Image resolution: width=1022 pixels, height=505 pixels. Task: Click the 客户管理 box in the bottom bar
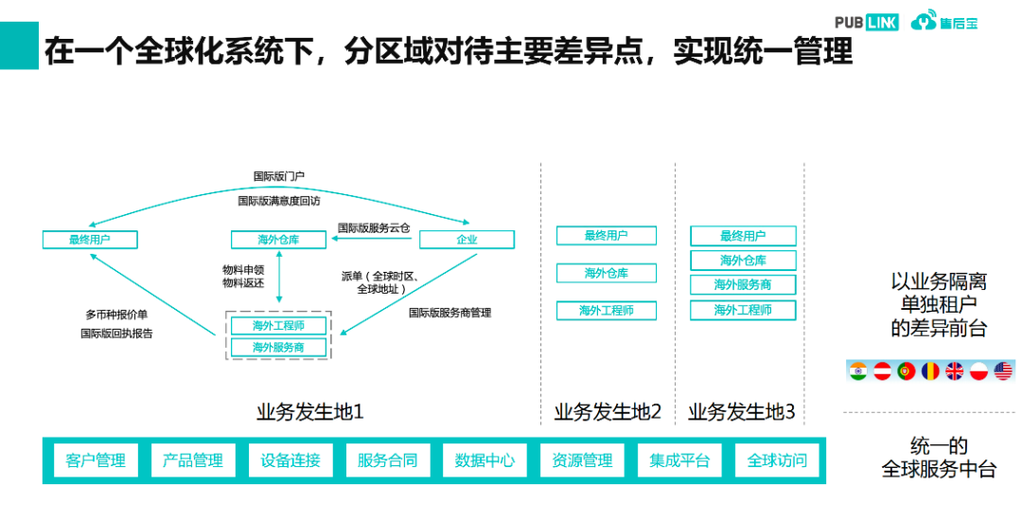[96, 460]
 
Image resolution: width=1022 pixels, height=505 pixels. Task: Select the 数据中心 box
[485, 460]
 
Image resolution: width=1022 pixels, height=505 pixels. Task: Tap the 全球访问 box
[777, 460]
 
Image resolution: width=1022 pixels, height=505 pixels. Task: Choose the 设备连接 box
[291, 460]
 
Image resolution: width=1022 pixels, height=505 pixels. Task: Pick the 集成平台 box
[679, 460]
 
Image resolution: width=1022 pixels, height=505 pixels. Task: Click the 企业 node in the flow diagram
[467, 240]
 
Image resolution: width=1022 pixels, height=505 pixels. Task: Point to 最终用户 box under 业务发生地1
[90, 240]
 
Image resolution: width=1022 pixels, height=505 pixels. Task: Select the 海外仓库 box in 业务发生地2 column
[606, 273]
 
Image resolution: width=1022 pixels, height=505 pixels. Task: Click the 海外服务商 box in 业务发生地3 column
[743, 284]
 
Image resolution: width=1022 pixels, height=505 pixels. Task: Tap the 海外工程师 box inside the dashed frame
[278, 326]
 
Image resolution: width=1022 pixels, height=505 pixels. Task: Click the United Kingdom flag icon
[954, 370]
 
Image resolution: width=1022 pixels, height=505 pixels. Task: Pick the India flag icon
[858, 370]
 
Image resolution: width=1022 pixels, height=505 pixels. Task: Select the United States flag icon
[1003, 370]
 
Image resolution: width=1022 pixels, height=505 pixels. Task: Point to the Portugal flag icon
[906, 370]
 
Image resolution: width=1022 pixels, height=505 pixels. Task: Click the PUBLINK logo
[867, 22]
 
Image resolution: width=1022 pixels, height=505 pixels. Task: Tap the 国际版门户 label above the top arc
[278, 176]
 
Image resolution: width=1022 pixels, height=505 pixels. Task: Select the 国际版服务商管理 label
[450, 312]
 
